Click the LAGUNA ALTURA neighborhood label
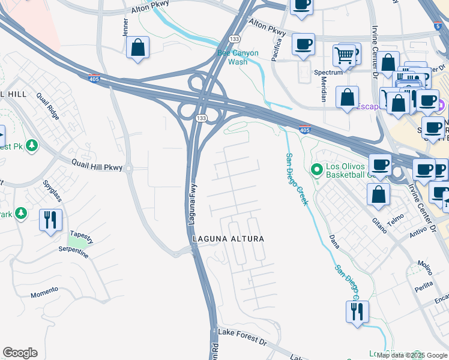(228, 239)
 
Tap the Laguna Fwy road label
(192, 203)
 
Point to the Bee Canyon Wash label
(238, 58)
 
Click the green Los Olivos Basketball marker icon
(317, 170)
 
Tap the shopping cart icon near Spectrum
(344, 55)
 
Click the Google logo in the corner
(20, 353)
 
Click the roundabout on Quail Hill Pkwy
(128, 169)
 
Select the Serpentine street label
(73, 251)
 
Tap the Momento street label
(44, 292)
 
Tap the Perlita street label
(423, 286)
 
